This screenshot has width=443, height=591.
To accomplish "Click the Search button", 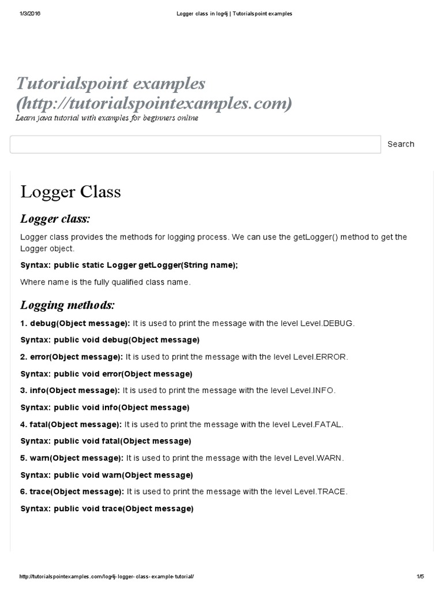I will click(400, 144).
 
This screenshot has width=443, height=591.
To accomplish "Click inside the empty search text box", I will click(195, 144).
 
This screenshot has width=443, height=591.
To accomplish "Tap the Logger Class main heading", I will click(71, 192).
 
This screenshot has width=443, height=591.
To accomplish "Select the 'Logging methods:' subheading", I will click(67, 305).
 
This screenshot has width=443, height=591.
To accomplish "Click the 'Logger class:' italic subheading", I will click(55, 219).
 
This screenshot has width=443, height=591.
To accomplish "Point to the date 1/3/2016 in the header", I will click(29, 14).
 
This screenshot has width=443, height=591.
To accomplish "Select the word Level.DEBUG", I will click(327, 323).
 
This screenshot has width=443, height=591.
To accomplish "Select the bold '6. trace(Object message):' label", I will click(72, 492).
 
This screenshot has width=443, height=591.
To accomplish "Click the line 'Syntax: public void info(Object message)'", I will click(105, 407).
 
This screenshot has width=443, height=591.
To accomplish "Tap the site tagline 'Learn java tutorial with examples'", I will click(107, 118).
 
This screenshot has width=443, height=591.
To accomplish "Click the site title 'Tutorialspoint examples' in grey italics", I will click(111, 84).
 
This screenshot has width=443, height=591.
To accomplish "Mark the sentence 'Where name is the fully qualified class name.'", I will click(105, 282).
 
